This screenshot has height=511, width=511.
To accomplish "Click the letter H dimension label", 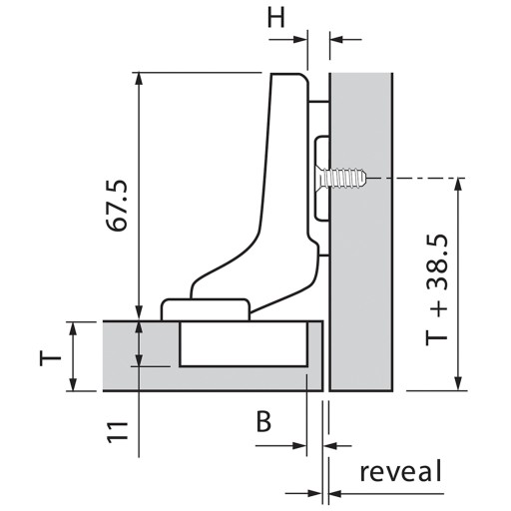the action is tap(276, 17).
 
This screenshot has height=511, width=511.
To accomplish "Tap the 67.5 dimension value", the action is tap(117, 206).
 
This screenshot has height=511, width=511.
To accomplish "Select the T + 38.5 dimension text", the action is tap(437, 290).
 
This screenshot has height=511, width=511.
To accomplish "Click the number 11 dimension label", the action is tap(118, 432).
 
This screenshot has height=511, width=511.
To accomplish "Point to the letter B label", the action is tap(263, 421).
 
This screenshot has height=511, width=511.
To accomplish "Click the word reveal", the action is tap(401, 471).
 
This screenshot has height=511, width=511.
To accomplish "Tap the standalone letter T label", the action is tap(51, 359).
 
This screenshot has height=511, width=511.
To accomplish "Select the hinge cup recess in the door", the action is tap(244, 344).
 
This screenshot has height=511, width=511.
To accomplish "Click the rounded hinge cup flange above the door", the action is tap(206, 309).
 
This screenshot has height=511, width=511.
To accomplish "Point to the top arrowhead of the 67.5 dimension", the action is tap(140, 79).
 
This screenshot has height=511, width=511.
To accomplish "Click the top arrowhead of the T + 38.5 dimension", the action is tap(459, 184).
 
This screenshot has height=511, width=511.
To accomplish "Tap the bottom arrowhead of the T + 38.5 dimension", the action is tap(459, 384).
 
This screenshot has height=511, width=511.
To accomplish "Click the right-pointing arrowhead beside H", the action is tap(299, 40).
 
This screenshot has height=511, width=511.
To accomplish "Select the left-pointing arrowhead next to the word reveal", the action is tap(335, 494).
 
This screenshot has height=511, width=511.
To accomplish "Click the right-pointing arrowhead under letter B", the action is tap(299, 445).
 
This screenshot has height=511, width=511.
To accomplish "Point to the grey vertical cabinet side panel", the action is tap(361, 232).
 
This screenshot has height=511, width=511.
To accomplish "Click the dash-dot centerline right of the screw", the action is tap(416, 179).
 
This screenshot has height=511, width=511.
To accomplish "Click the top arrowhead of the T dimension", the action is tap(74, 328).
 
